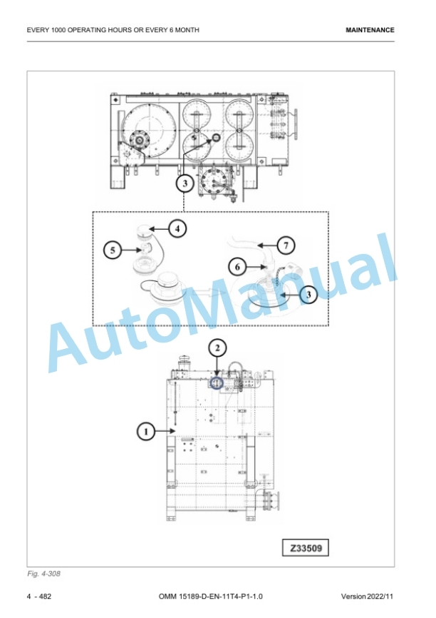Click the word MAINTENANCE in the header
(370, 30)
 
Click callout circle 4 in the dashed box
(177, 228)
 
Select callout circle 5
(113, 250)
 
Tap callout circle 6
(238, 267)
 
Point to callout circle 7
(286, 245)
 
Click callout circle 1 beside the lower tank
(146, 432)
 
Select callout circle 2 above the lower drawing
(217, 348)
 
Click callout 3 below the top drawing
(185, 183)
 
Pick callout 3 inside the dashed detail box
(308, 295)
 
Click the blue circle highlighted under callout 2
(217, 383)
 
